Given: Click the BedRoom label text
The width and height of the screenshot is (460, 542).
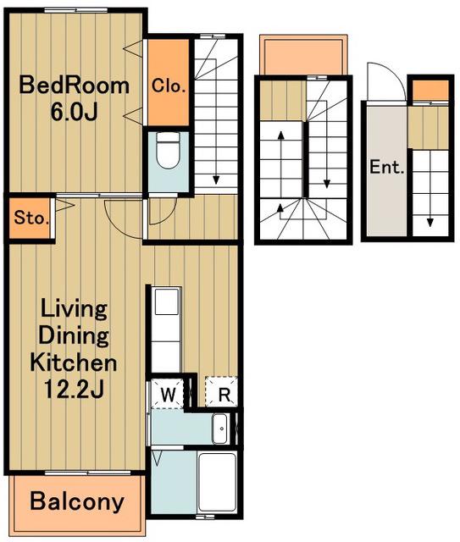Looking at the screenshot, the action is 74,86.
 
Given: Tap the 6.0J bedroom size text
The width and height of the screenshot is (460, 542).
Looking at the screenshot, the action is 74,112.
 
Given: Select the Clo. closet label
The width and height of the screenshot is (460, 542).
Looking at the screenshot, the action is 169,86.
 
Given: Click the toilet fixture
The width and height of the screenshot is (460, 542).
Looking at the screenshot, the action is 168,151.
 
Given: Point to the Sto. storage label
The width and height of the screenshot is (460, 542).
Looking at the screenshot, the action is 30,218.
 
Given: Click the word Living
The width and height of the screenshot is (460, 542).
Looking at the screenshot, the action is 74,309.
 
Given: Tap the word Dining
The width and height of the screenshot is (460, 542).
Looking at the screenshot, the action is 74,335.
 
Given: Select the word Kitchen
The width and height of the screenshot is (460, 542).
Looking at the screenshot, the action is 74,362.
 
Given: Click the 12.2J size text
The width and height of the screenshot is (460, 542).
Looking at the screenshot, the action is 74,389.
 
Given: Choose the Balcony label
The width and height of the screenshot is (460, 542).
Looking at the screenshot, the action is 77,501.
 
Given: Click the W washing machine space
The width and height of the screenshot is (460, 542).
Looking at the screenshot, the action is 168,394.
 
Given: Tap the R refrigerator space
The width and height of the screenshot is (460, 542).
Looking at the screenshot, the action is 221,391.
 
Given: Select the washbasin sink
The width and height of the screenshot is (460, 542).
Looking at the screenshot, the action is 219,429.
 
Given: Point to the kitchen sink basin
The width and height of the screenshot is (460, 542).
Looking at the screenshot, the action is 167,301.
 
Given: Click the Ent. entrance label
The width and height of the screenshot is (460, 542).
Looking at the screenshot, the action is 387,168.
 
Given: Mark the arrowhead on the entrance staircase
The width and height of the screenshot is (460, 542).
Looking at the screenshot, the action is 430,222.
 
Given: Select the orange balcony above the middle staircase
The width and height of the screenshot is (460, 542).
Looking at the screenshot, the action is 303,54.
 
